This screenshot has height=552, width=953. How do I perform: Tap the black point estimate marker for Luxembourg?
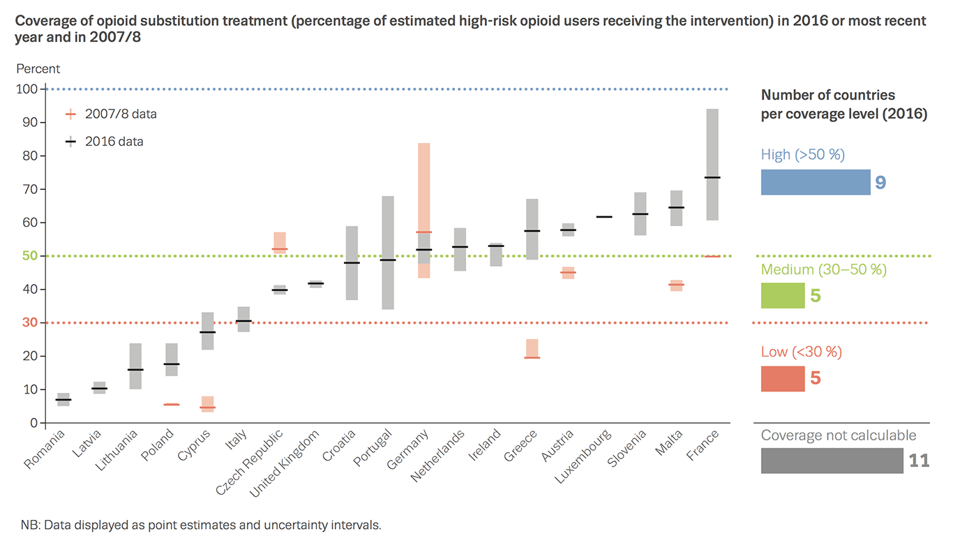[x=604, y=217]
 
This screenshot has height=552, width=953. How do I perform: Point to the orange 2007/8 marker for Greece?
[x=532, y=357]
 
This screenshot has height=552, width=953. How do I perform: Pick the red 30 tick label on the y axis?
[x=29, y=323]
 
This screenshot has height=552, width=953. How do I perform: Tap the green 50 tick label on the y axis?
[x=29, y=256]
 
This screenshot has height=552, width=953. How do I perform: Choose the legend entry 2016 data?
[x=114, y=142]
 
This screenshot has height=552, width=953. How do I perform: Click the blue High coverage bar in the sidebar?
[x=815, y=182]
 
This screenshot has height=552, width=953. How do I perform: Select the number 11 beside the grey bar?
[x=919, y=461]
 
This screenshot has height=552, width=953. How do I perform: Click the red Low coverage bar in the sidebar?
[x=782, y=379]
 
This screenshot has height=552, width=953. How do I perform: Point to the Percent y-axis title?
[x=38, y=69]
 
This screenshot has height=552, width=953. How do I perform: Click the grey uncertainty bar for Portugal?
[x=388, y=253]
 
